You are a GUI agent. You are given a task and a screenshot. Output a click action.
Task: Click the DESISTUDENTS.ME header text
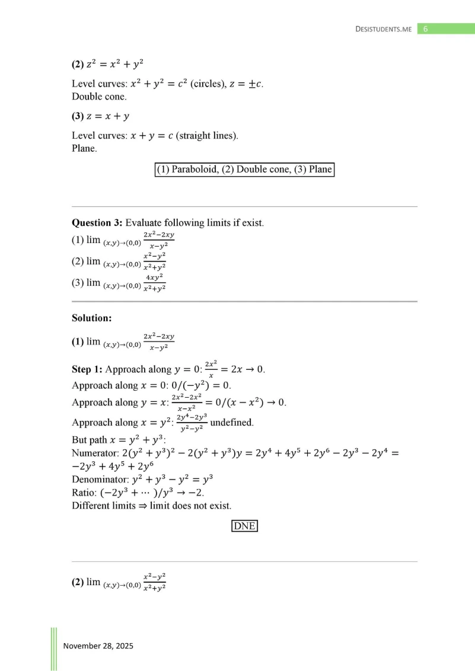coord(383,28)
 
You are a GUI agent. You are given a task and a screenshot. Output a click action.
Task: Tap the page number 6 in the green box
coord(426,28)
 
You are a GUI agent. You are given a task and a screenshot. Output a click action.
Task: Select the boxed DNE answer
coord(245,526)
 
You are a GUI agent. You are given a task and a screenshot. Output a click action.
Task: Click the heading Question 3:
coord(97,223)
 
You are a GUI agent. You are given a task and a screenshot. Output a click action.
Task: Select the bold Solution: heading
coord(92,318)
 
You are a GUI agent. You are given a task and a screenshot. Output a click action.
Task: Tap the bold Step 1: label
coord(87,369)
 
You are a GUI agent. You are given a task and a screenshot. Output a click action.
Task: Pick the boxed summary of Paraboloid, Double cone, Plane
coord(244,170)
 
